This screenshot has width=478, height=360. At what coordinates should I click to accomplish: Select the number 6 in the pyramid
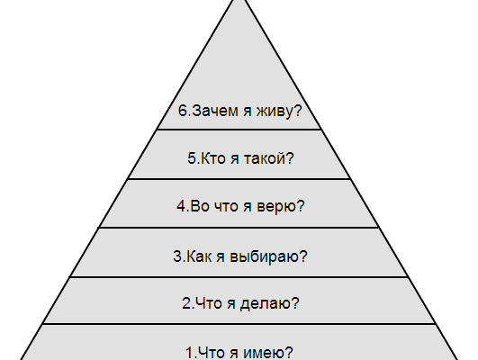tap(183, 111)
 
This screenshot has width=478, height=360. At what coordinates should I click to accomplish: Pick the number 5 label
tap(192, 158)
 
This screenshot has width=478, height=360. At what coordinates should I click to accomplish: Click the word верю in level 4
tap(276, 207)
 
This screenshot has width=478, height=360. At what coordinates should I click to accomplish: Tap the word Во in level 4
tap(200, 206)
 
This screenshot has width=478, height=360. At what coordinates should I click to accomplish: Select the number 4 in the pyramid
tap(181, 206)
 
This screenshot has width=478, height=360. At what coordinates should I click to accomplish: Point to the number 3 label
tap(177, 256)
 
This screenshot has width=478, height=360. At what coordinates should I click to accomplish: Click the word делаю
tap(266, 303)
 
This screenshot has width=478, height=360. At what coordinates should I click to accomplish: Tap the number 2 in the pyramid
tap(186, 303)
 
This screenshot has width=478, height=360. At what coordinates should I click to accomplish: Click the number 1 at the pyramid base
tap(190, 353)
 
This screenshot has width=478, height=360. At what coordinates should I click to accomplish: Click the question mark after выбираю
tap(303, 256)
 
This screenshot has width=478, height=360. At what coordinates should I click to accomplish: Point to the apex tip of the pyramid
tap(239, 1)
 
